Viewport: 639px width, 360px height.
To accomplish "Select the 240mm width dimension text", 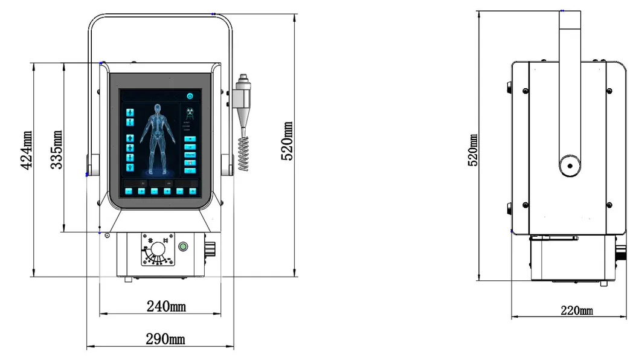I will tap(166, 307).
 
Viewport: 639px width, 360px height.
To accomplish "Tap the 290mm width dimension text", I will tap(165, 339).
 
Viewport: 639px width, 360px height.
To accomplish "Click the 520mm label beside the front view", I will tap(287, 141).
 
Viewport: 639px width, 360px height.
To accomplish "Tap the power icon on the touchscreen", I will tap(190, 96).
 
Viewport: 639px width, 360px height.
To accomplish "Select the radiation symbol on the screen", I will tap(190, 112).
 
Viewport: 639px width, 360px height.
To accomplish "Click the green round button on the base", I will tap(182, 246).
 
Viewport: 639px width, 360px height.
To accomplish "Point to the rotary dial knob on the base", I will tap(159, 249).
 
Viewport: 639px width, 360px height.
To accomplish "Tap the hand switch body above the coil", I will tap(243, 97).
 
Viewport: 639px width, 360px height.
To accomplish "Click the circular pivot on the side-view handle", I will tap(568, 165).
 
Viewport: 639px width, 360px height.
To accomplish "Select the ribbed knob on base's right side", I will tap(211, 249).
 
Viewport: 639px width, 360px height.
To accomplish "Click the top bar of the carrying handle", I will tap(160, 14).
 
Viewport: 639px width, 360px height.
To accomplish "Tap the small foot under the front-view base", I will tap(128, 278).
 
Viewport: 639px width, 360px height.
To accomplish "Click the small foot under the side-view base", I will tap(603, 283).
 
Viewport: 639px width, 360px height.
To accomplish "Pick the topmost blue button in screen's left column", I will tap(129, 112).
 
